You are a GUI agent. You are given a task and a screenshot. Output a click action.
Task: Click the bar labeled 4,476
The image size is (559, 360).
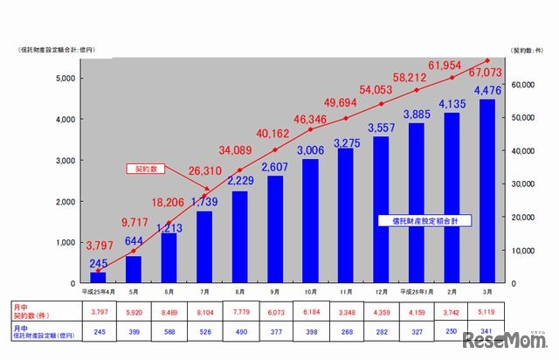487,191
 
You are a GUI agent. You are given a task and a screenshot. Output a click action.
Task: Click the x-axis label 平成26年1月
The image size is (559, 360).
415,291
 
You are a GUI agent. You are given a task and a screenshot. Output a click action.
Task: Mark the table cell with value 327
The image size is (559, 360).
416,333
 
